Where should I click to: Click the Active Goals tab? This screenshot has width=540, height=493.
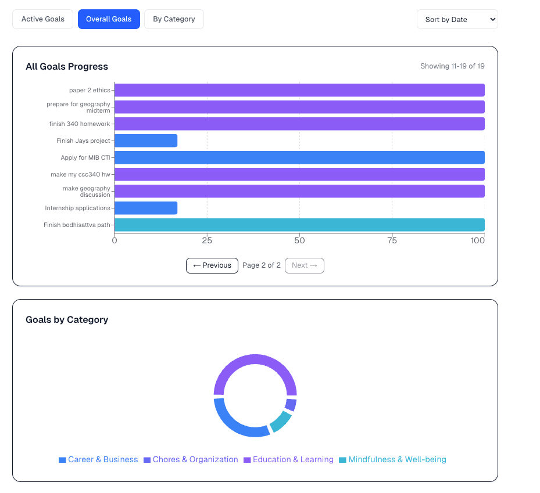(x=42, y=19)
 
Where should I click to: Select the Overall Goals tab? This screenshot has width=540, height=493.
(x=109, y=19)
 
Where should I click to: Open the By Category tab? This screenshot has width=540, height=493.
(x=174, y=19)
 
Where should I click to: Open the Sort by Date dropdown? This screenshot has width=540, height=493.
(x=457, y=19)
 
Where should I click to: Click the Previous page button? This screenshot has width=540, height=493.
(x=212, y=265)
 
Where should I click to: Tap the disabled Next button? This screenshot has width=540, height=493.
(x=305, y=265)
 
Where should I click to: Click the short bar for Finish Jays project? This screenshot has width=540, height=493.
(x=146, y=141)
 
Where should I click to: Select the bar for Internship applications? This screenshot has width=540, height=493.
(x=146, y=208)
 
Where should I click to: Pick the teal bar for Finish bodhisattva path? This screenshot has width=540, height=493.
(x=299, y=225)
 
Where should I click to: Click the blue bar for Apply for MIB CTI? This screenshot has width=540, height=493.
(x=299, y=157)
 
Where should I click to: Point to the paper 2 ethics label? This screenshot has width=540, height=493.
(x=90, y=90)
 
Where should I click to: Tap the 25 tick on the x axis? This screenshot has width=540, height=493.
(x=207, y=240)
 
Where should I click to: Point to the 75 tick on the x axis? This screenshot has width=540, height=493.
(x=392, y=240)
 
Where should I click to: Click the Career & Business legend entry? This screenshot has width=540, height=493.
(x=98, y=459)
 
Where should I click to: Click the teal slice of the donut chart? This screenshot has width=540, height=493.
(x=281, y=422)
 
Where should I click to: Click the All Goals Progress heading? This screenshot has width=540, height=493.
(x=67, y=67)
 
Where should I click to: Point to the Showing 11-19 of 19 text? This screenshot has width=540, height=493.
(x=452, y=66)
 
